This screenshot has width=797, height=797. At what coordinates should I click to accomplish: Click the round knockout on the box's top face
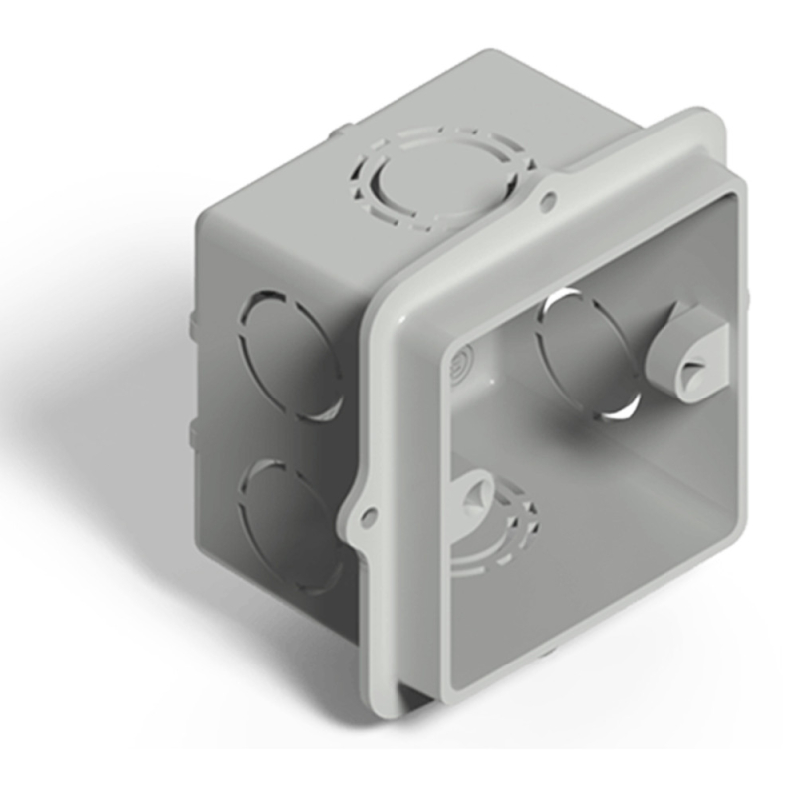(x=438, y=179)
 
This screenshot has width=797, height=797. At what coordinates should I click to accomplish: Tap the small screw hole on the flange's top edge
(x=547, y=202)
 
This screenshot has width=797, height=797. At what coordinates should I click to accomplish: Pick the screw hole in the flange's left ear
(x=369, y=516)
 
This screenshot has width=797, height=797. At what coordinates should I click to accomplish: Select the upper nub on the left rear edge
(x=188, y=324)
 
